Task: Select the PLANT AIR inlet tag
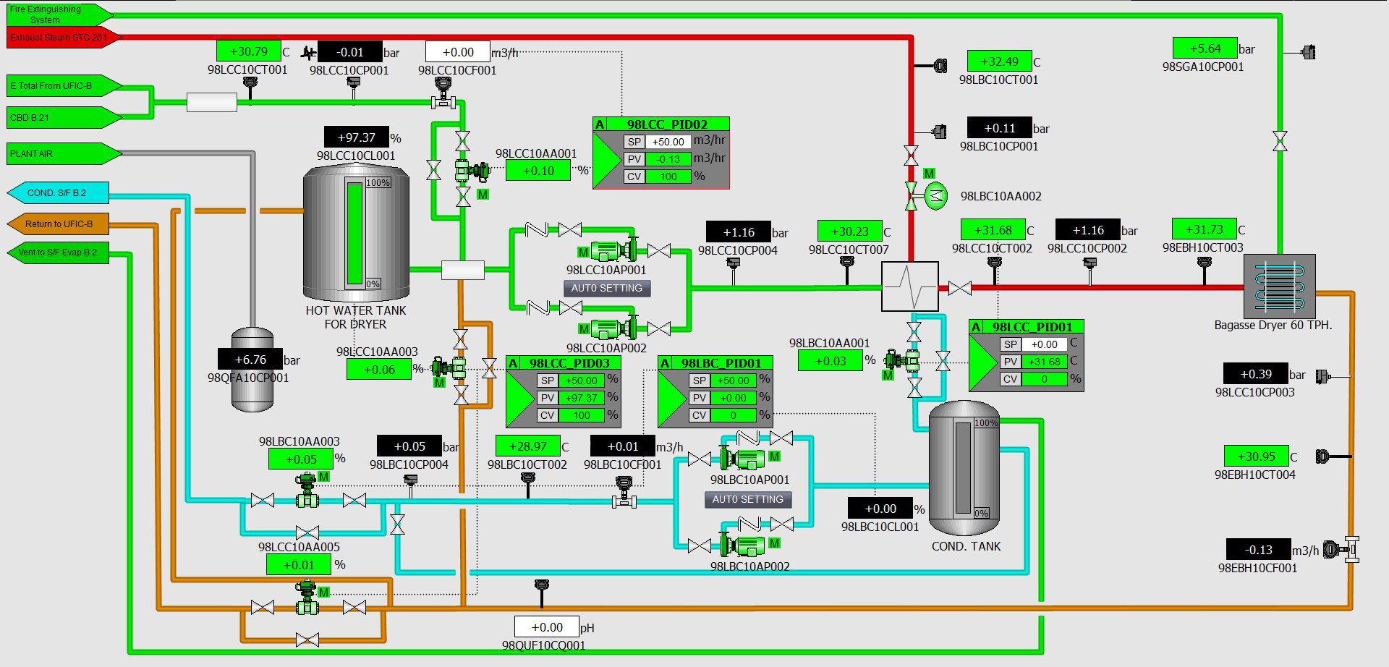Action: coord(64,153)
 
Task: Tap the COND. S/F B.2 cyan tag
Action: coord(58,193)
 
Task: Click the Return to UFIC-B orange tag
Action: coord(58,224)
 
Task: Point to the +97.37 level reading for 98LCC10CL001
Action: coord(357,137)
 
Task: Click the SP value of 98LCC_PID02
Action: coord(668,142)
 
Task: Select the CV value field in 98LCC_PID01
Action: coord(1044,379)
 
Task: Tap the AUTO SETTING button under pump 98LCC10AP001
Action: coord(607,288)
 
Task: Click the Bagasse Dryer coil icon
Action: coord(1278,285)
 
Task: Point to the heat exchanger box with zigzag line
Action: coord(909,286)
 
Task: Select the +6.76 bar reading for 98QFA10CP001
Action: coord(250,360)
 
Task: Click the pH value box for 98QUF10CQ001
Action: coord(546,627)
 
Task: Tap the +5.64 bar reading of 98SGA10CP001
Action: coord(1205,48)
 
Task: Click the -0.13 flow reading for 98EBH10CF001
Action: coord(1259,550)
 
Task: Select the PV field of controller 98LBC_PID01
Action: coord(733,398)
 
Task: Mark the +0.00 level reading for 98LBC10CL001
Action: coord(880,509)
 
